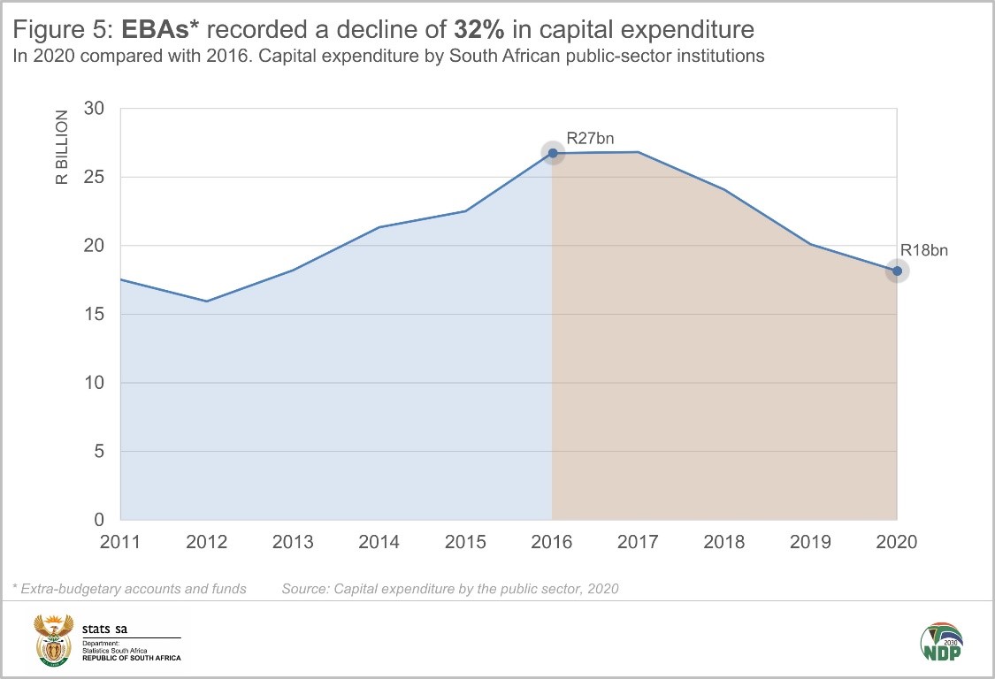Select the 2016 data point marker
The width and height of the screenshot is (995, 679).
pos(553,153)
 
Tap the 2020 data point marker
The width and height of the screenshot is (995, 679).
pos(897,271)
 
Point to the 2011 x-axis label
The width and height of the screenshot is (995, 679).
pos(120,542)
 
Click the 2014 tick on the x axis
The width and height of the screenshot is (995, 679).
pos(379,542)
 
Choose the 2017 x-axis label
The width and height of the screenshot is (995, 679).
pos(639,542)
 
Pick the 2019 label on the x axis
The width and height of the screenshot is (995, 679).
pos(811,542)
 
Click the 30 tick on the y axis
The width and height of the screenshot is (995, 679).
pos(94,108)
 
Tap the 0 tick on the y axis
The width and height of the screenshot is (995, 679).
pos(99,520)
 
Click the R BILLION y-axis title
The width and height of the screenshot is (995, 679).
pos(62,147)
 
